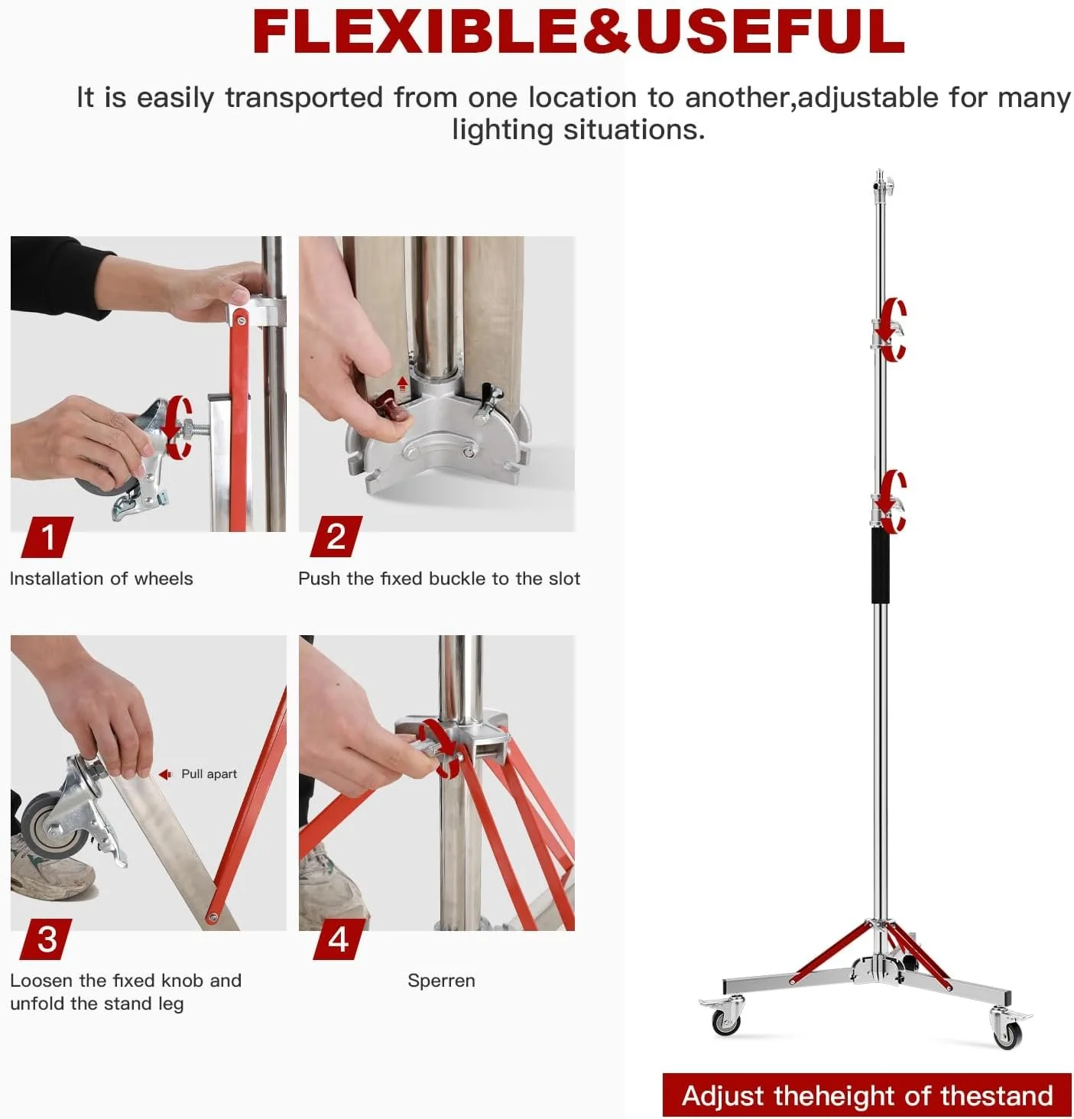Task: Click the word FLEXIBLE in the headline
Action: [416, 31]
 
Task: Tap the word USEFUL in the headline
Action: [771, 31]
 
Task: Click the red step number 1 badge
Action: [47, 537]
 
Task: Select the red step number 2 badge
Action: [336, 537]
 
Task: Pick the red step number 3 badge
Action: [46, 939]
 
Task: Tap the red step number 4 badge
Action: [339, 939]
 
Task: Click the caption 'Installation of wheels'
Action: [101, 579]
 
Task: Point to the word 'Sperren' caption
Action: [441, 981]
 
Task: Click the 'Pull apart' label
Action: [209, 774]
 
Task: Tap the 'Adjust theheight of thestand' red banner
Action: [866, 1095]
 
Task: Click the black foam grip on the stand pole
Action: [880, 565]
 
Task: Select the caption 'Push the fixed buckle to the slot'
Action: [440, 579]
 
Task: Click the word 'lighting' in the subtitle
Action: [503, 131]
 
